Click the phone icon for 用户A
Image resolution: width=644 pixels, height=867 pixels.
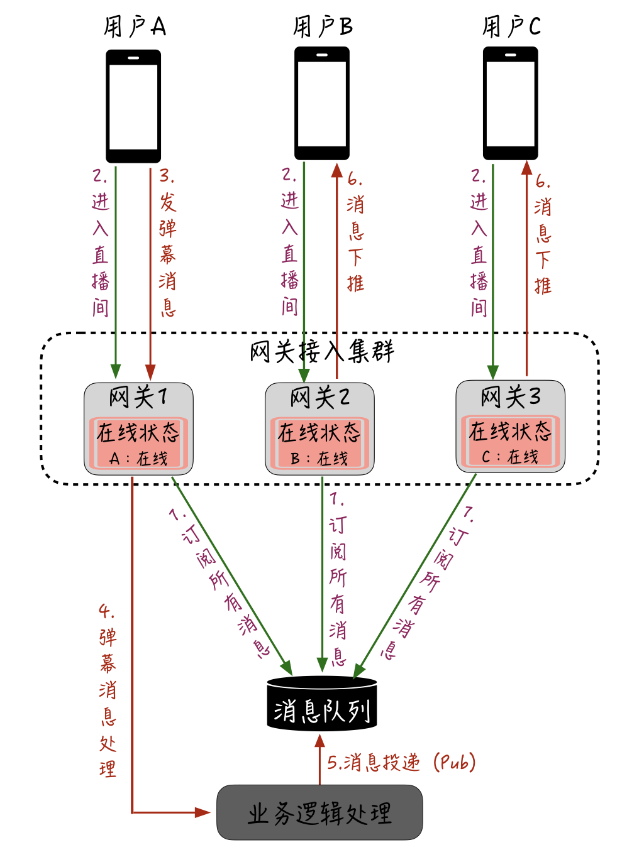(x=133, y=106)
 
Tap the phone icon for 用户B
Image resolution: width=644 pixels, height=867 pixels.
(x=322, y=104)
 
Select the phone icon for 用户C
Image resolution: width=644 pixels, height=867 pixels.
(x=511, y=104)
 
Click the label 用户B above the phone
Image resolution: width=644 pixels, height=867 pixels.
(x=323, y=27)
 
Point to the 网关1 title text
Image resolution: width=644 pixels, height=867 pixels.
(x=138, y=397)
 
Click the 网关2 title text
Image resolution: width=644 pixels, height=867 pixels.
(x=319, y=398)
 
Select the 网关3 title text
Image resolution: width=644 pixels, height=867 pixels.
(x=510, y=396)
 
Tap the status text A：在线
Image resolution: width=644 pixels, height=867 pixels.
(x=138, y=459)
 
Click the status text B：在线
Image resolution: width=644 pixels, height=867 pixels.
(x=319, y=459)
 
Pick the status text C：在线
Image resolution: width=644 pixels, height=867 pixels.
(x=510, y=457)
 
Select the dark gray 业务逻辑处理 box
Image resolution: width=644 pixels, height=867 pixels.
(x=319, y=813)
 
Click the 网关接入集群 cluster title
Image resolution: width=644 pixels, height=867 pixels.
(x=322, y=352)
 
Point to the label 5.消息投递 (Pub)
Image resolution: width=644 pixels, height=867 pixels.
(x=401, y=763)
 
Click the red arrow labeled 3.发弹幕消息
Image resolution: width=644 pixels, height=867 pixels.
(x=150, y=270)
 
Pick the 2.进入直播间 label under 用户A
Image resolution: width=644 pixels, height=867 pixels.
(x=101, y=242)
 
